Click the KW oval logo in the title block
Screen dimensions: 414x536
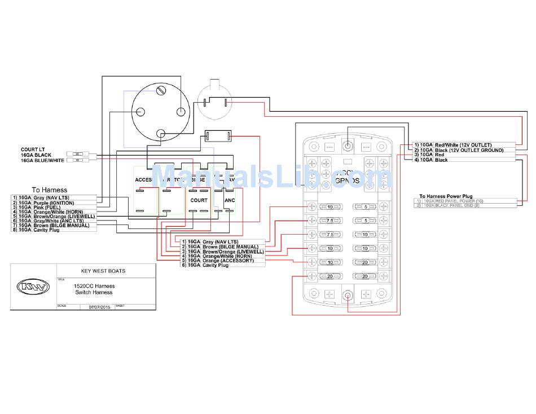(x=33, y=287)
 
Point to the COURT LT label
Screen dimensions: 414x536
(x=33, y=149)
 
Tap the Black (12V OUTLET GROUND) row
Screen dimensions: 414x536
(x=468, y=150)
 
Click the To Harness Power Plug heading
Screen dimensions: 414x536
(x=446, y=196)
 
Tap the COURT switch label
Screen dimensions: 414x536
(x=199, y=200)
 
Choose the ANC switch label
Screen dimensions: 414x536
(x=230, y=200)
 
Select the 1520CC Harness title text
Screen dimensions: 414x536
(x=94, y=286)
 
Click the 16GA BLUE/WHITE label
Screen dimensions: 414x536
(x=43, y=160)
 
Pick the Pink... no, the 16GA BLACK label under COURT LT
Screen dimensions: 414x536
(x=36, y=155)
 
